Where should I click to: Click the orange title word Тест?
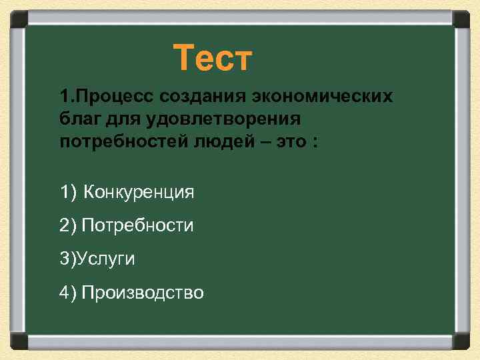[x=213, y=58]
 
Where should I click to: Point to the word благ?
[x=79, y=120]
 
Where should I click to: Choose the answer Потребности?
[x=137, y=226]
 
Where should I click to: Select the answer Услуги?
[x=106, y=259]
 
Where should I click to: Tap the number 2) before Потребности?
[x=67, y=226]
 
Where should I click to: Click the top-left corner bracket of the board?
[x=19, y=19]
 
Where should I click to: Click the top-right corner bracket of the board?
[x=461, y=19]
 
